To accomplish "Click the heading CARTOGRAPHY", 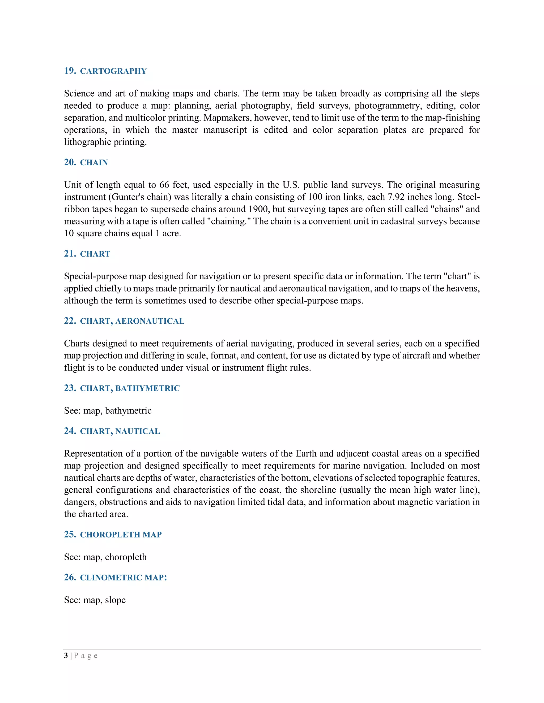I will click(x=113, y=71).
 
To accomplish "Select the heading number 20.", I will click(x=70, y=162).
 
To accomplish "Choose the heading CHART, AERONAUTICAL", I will click(x=132, y=321).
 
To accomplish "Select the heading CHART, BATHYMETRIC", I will click(x=130, y=389).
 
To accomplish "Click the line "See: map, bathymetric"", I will click(x=108, y=411).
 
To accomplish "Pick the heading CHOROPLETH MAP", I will click(x=121, y=535).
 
